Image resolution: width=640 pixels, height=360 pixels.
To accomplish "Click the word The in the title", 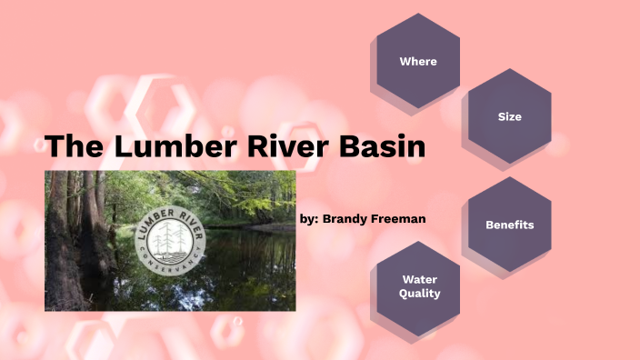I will click(x=73, y=146).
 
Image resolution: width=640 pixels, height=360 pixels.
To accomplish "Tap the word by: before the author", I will click(x=309, y=219).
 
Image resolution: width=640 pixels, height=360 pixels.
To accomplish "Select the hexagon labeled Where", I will click(x=418, y=61).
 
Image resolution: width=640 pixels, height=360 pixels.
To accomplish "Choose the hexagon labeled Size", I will click(x=509, y=116).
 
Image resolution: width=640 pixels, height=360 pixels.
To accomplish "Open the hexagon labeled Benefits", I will click(x=509, y=224).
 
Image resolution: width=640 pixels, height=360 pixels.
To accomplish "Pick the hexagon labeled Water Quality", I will click(x=419, y=286).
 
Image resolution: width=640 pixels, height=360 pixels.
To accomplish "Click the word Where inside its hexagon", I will click(x=418, y=62).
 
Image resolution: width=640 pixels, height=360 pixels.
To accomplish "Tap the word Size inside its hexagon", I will click(x=510, y=117).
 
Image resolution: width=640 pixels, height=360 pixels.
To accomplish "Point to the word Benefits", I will click(x=509, y=225).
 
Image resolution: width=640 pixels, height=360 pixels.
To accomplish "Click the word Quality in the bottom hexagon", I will click(x=419, y=294).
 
